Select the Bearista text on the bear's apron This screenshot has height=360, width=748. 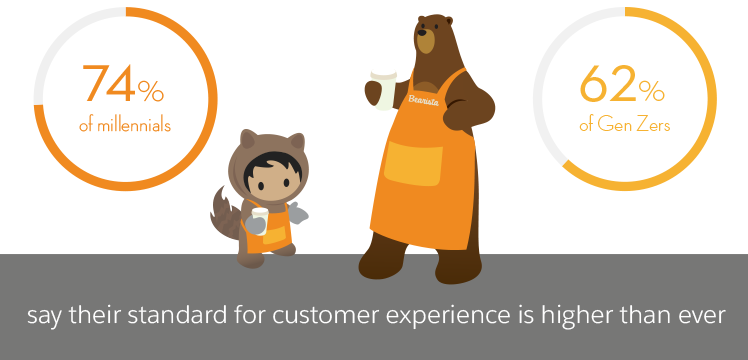point(425,98)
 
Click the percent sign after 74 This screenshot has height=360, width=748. point(151,91)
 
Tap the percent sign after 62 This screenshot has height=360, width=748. point(651,91)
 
